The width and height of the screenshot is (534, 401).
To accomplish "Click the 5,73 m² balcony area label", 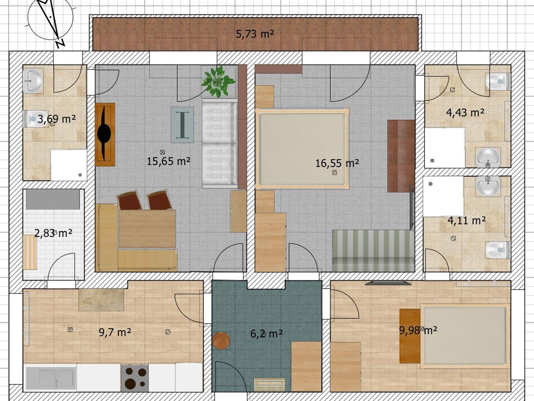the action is point(255,34).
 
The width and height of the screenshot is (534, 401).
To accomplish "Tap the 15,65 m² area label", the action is point(168,161).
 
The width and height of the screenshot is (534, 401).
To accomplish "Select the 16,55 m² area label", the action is point(337,163).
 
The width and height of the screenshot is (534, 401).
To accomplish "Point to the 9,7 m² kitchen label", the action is point(115,332).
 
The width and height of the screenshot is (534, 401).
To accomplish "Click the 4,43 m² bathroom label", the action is point(465,113).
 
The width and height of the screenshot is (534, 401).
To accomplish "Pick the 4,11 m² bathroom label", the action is point(466,221).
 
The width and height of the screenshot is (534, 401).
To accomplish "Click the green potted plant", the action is point(218,81).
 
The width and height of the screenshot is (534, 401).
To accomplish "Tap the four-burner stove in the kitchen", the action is point(135,378).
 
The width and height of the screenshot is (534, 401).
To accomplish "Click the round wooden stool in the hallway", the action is point(221,341).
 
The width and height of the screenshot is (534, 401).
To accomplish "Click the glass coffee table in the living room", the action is point(182,125).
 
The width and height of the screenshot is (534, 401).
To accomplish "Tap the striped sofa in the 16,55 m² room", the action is point(373,251).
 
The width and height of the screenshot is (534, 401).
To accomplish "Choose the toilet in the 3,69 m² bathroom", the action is point(35,119).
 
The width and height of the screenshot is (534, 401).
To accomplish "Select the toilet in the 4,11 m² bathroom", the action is point(497,250).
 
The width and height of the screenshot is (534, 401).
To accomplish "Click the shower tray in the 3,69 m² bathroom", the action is point(69,165).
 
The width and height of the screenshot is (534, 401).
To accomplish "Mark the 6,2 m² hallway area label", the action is point(266,333).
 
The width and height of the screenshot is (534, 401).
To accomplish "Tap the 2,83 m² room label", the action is point(53,233).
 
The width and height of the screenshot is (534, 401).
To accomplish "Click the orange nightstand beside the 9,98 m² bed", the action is point(410,336).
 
